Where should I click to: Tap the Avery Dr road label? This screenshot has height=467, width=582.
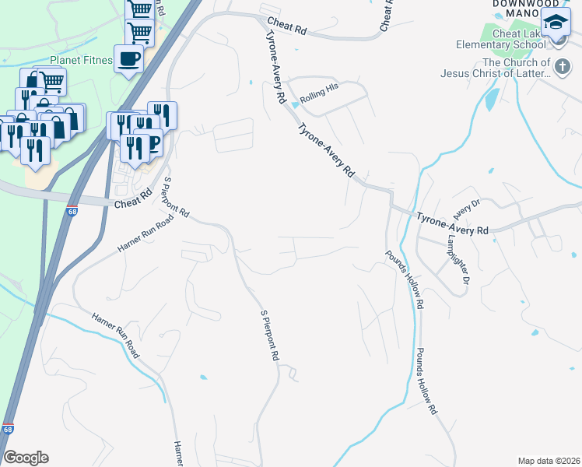tap(468, 208)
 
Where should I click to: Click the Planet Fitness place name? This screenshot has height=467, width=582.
tap(81, 60)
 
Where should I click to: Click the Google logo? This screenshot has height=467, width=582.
tap(26, 458)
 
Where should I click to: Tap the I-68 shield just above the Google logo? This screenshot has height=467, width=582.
tap(8, 429)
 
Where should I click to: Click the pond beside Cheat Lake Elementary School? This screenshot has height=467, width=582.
tap(491, 99)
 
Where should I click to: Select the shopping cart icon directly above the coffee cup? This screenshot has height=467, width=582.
tap(139, 33)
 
